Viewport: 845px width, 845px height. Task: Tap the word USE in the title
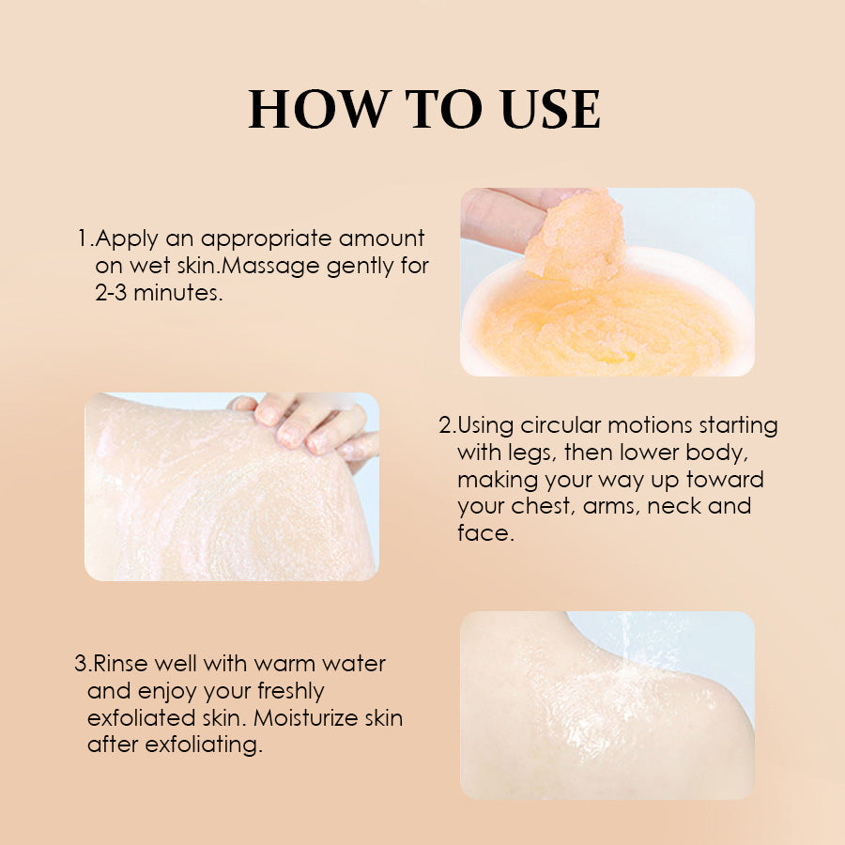tap(550, 110)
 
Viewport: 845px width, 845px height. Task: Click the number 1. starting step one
tap(84, 238)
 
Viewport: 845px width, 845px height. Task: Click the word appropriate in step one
tap(254, 239)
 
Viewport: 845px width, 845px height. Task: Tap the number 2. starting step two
tap(447, 425)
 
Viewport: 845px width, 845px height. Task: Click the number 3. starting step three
tap(83, 665)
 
